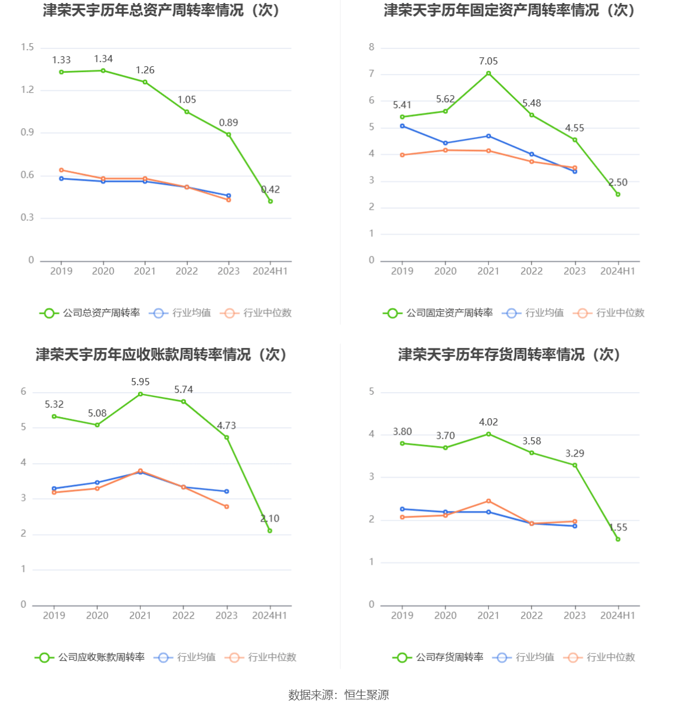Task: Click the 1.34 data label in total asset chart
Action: tap(103, 59)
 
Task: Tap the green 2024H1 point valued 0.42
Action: tap(270, 201)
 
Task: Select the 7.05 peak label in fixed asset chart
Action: tap(488, 61)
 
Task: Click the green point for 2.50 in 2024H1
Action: tap(618, 194)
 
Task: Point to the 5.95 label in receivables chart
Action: tap(140, 382)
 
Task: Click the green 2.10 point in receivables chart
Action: tap(270, 530)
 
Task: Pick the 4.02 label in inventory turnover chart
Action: tap(488, 422)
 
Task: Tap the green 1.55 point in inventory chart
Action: tap(618, 539)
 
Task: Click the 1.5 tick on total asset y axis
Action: tap(27, 47)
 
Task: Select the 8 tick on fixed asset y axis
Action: tap(371, 47)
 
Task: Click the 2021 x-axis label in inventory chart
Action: tap(488, 615)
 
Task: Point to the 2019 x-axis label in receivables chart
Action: tap(54, 615)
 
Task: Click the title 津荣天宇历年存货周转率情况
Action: tap(509, 354)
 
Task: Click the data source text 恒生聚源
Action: tap(367, 695)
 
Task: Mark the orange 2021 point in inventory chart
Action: tap(488, 501)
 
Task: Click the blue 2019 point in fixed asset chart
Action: tap(402, 126)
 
